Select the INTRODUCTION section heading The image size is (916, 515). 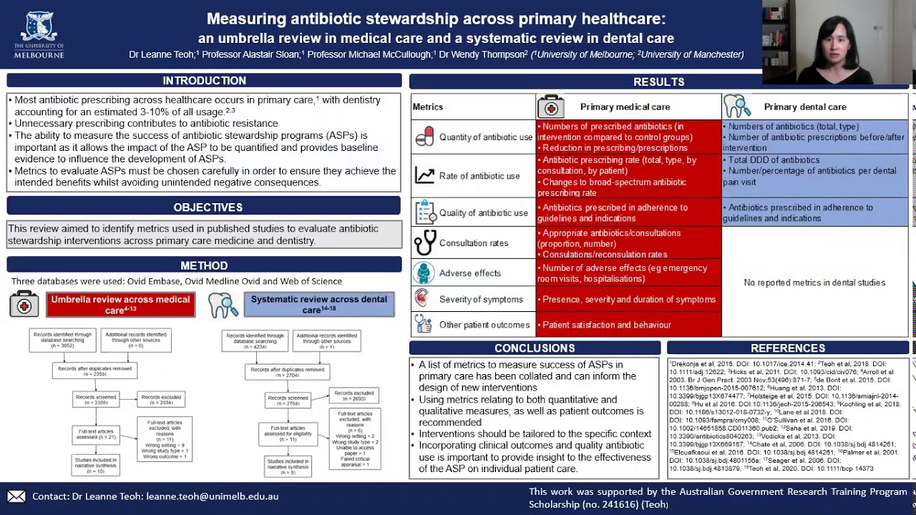(204, 81)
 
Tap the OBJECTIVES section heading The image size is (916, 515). (208, 207)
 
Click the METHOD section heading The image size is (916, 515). (204, 265)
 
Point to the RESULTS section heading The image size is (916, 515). (658, 82)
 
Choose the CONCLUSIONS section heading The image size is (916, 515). (535, 348)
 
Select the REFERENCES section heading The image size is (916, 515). (787, 348)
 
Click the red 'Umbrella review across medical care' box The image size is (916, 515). (120, 305)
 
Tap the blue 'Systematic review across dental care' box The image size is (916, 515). (318, 305)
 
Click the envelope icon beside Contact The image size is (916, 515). (16, 496)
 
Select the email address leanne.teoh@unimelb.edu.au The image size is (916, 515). (212, 496)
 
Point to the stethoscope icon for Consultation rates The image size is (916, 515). (425, 243)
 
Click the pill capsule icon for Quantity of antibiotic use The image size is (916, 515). (424, 137)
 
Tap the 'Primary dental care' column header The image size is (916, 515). (805, 107)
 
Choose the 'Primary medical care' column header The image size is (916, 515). (625, 107)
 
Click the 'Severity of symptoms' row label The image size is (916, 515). (481, 300)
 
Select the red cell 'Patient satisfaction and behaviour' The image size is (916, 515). (607, 325)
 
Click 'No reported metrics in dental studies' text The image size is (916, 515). (814, 283)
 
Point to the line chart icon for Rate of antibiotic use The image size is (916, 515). (424, 176)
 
